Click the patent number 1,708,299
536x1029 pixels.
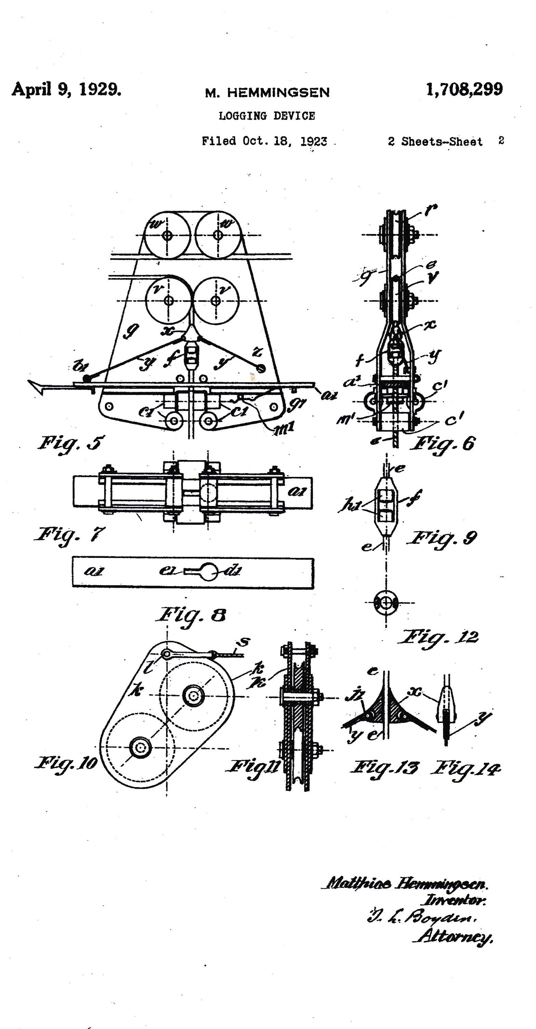point(464,89)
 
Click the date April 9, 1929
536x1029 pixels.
point(66,89)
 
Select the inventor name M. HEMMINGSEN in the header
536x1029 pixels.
point(267,93)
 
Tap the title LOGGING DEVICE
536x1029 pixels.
point(267,116)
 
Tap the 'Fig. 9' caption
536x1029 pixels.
point(442,538)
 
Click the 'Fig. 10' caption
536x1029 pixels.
point(66,763)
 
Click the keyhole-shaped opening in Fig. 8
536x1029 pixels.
point(205,572)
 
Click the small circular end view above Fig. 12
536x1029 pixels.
point(386,603)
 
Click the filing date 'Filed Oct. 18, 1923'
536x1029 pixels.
point(264,141)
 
